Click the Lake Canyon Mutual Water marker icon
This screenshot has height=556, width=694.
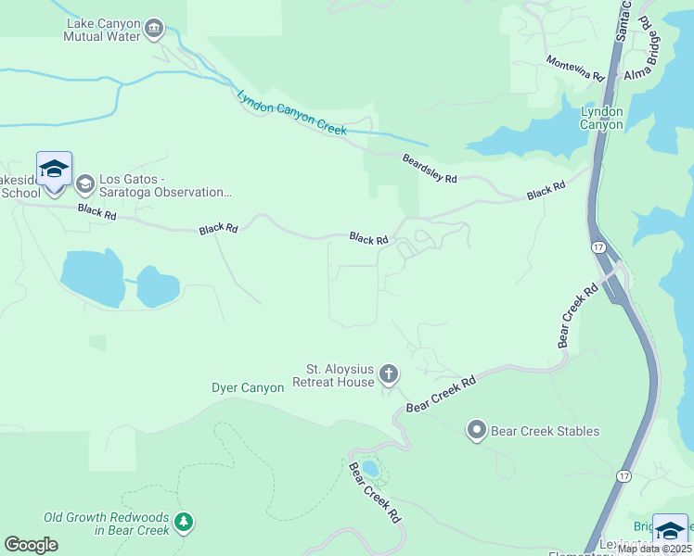[x=154, y=29]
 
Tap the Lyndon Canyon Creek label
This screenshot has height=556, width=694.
[x=290, y=113]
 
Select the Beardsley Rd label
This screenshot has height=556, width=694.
[x=429, y=168]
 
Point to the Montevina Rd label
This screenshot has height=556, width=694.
[x=575, y=68]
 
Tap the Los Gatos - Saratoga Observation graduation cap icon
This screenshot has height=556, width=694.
[x=85, y=184]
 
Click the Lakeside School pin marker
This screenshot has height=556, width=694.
[x=54, y=171]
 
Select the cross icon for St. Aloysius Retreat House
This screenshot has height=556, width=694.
[x=388, y=375]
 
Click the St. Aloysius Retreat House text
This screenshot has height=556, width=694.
[x=333, y=375]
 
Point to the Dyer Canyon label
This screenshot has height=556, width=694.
[x=248, y=388]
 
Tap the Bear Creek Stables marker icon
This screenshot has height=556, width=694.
[x=477, y=430]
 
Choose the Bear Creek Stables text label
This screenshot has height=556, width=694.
[x=545, y=431]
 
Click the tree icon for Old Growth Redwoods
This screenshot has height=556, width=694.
[x=185, y=524]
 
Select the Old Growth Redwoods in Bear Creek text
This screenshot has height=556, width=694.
[x=107, y=524]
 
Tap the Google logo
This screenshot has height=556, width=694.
[x=31, y=545]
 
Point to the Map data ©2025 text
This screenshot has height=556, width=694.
[x=653, y=549]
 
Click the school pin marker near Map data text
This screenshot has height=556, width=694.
[x=670, y=531]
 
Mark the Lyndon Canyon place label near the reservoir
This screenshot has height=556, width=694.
[x=601, y=118]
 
